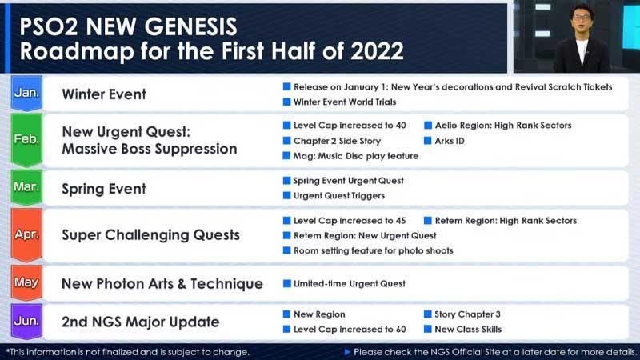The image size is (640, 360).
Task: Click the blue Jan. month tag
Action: [x=26, y=93]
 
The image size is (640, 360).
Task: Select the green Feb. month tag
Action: [x=26, y=139]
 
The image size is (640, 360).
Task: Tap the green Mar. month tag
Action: [x=26, y=187]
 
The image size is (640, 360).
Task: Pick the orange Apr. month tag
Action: [x=26, y=234]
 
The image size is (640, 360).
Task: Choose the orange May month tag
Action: [x=26, y=282]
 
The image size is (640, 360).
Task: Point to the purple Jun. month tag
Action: [x=26, y=322]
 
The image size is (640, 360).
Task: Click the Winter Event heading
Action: [x=104, y=94]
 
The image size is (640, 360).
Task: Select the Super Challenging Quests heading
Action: [x=150, y=235]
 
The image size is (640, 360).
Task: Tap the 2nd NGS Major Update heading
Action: [x=141, y=322]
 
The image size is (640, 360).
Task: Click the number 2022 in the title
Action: [x=377, y=51]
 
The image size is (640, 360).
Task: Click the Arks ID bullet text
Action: [x=450, y=141]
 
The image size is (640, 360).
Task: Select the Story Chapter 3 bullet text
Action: [x=467, y=314]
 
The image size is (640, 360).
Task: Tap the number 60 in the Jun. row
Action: [x=401, y=330]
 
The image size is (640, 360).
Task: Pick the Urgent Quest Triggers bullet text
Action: [x=339, y=196]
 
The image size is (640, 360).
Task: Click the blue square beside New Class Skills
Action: [x=428, y=329]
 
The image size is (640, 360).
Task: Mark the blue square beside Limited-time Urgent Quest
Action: [x=287, y=283]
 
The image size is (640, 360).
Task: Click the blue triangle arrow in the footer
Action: [x=347, y=352]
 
